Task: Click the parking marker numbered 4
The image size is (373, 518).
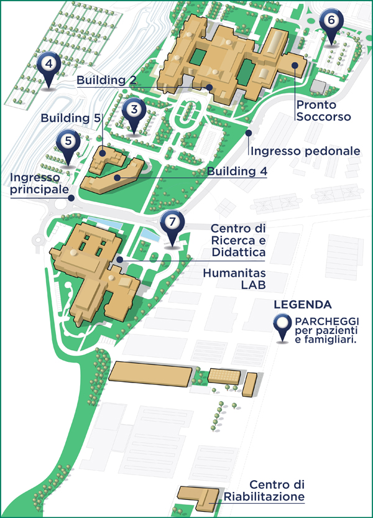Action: pos(48,64)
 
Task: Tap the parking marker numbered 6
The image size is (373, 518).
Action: pos(331,21)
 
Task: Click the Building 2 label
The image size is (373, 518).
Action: pos(106,80)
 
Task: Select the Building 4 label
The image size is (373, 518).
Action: pos(237,170)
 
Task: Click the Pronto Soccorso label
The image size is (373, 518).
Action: pos(324,111)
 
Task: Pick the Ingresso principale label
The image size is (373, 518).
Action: pos(38,183)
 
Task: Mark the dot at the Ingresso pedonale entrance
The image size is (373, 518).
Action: pos(247,132)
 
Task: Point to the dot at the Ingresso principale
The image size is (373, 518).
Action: pos(73,198)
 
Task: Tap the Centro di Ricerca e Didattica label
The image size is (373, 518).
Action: pos(238,241)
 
